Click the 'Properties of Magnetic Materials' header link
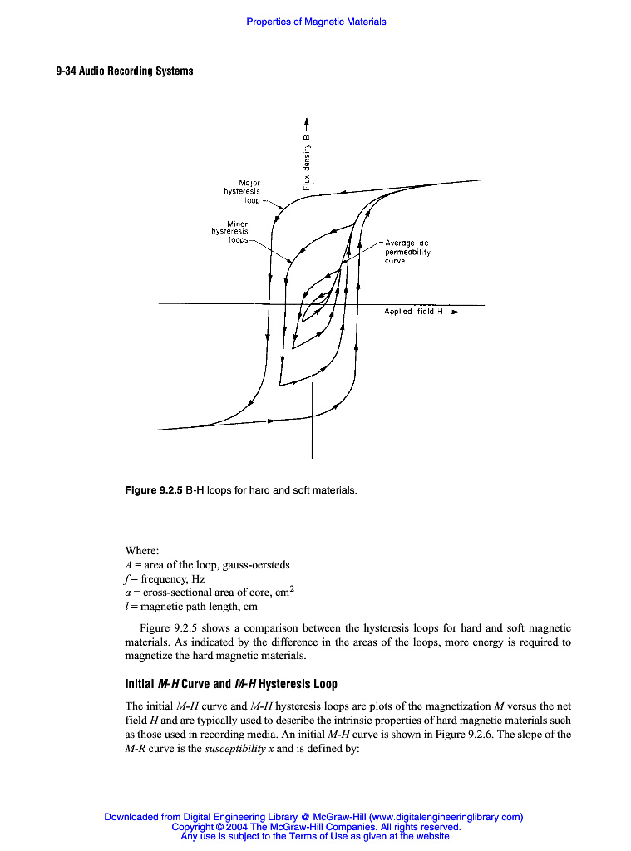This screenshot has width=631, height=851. [x=316, y=22]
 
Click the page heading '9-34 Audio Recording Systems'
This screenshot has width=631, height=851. [x=125, y=71]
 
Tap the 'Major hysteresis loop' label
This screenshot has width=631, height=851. [x=243, y=191]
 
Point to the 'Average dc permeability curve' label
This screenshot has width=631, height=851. [x=407, y=252]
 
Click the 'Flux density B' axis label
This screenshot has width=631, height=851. [x=307, y=161]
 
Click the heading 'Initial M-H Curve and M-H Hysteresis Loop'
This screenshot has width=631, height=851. [x=231, y=684]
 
